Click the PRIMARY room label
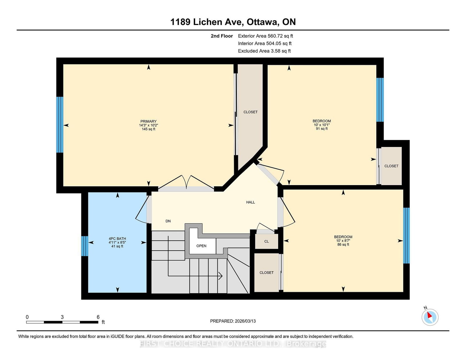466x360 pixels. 148,121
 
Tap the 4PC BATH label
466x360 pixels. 117,239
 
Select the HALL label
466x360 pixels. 250,202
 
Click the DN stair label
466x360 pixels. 168,221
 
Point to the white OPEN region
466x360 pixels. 201,246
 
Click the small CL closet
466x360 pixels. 266,242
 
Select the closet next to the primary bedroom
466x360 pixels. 250,112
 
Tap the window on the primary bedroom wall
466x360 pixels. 60,125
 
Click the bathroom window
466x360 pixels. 84,246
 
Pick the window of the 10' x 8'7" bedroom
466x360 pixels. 406,235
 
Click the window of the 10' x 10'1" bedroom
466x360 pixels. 380,100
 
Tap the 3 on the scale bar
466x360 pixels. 62,317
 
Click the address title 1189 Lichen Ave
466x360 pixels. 233,22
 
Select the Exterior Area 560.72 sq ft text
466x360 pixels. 265,36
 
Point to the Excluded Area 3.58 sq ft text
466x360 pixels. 264,51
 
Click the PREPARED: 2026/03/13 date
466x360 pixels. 233,321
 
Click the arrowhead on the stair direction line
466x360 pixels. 220,276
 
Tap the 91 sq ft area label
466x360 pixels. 322,129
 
